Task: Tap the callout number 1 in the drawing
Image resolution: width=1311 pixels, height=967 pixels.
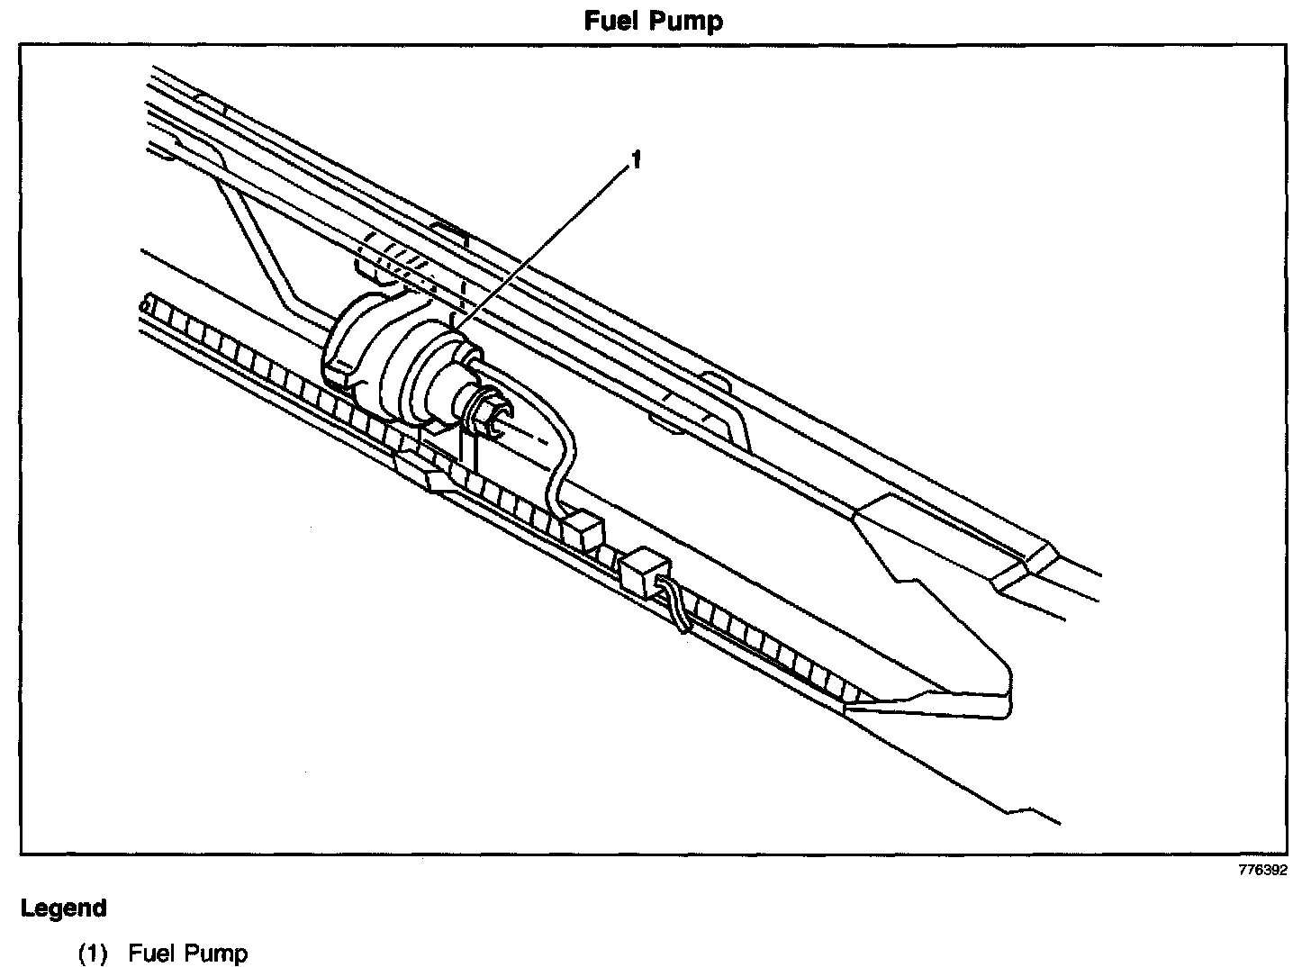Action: coord(636,161)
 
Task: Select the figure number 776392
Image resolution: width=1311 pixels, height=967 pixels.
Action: coord(1262,870)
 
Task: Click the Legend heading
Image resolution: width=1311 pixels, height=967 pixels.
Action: coord(64,908)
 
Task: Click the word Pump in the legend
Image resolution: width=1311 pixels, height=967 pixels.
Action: coord(217,953)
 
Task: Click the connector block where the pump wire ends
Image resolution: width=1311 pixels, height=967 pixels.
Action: coord(582,528)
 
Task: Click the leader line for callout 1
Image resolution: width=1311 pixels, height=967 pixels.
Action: coord(540,243)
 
